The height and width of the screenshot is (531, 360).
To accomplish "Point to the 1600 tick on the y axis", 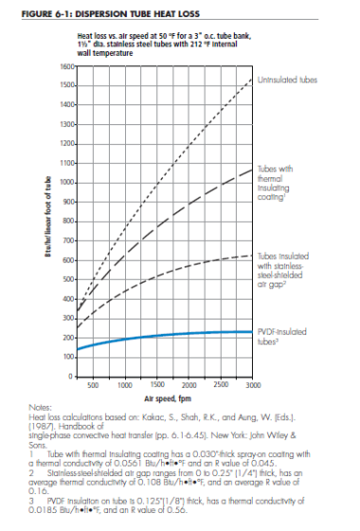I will pos(68,66).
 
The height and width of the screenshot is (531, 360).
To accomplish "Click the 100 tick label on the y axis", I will pos(70,357).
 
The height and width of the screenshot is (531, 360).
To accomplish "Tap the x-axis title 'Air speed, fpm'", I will pos(167,400).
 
